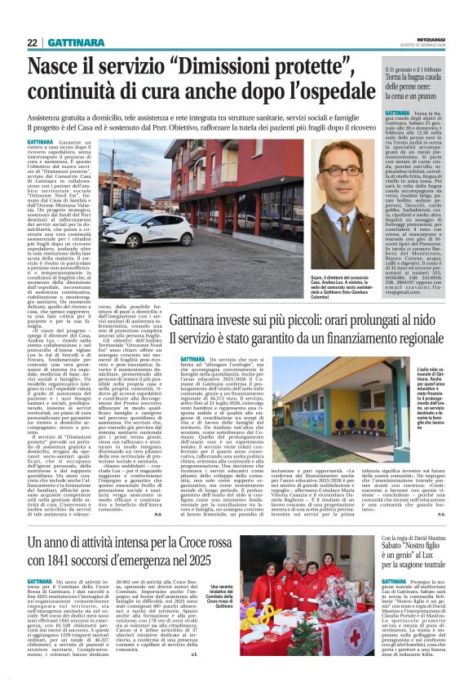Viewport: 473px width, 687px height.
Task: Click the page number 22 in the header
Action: (33, 42)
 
